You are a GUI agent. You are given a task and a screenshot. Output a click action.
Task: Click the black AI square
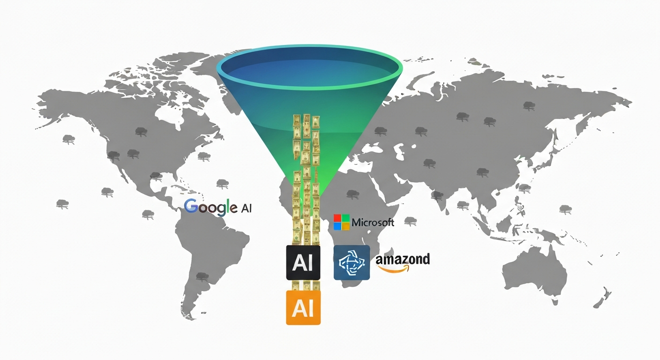[303, 262]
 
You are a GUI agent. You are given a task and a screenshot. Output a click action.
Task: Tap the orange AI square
[303, 307]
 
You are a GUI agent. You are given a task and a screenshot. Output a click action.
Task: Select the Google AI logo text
[218, 207]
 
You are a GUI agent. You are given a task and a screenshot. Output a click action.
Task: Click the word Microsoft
[373, 222]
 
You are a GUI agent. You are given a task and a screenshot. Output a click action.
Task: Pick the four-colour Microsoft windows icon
[342, 222]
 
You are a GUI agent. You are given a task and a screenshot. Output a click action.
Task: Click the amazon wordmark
[403, 260]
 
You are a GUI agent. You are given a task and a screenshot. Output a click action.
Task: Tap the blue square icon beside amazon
[352, 262]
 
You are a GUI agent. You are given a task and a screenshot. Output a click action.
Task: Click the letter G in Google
[191, 206]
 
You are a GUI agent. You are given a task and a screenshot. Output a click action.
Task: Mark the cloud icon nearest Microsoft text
[410, 220]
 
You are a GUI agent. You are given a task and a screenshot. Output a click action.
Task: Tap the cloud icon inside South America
[202, 277]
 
